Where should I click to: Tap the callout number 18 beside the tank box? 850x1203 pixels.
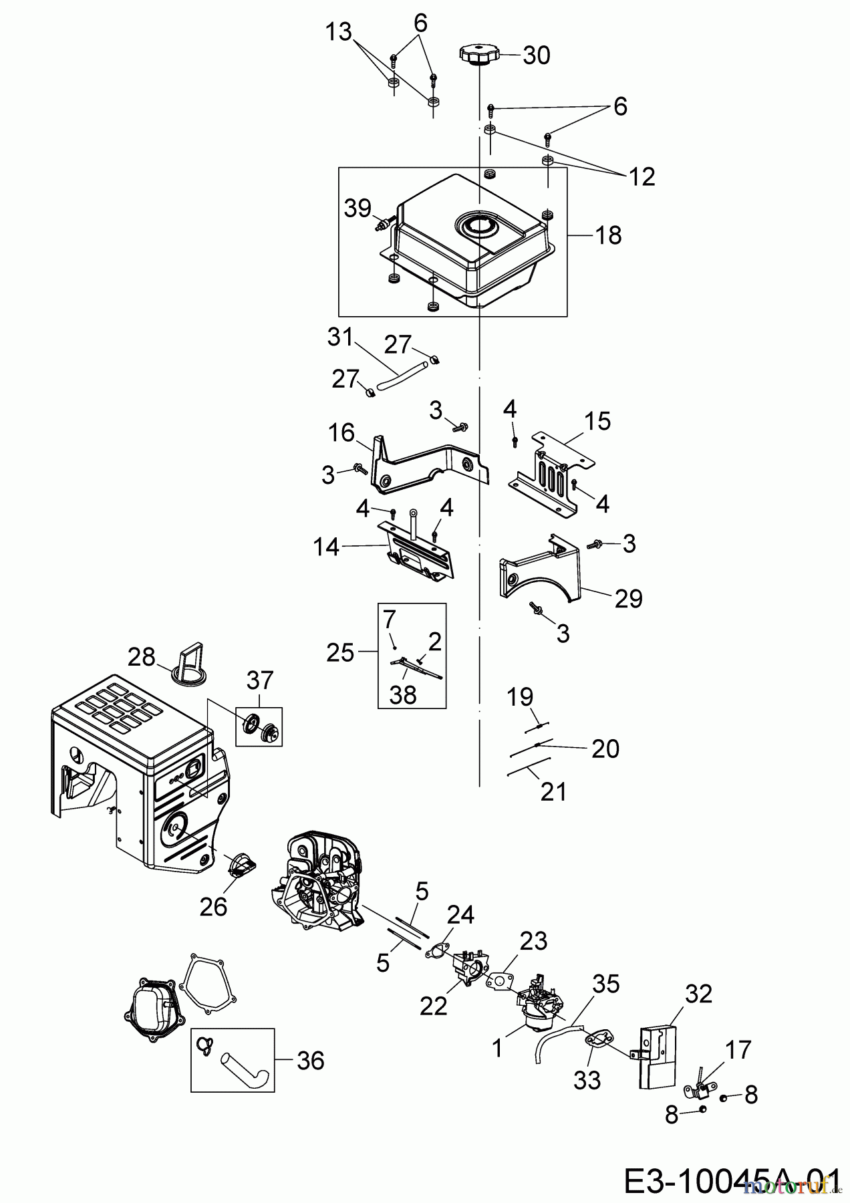tap(608, 235)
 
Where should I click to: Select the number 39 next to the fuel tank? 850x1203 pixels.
tap(358, 208)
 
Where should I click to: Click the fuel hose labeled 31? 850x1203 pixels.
tap(400, 375)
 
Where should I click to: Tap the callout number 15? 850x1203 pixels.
tap(597, 421)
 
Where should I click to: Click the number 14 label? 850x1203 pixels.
tap(326, 548)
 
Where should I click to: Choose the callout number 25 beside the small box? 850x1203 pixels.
tap(339, 652)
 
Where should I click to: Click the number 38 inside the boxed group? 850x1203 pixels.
tap(404, 694)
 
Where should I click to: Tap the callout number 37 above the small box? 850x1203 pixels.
tap(260, 680)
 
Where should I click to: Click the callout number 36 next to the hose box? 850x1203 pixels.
tap(310, 1061)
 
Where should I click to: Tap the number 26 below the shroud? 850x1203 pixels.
tap(213, 907)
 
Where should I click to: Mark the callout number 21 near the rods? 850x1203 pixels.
tap(554, 792)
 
